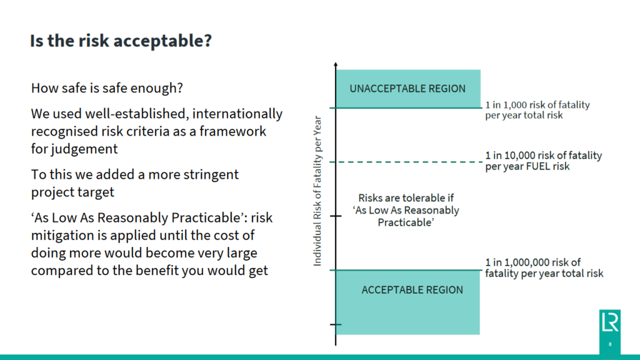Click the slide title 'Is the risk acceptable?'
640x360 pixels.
click(x=121, y=41)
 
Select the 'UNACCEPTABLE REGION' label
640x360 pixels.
click(x=407, y=88)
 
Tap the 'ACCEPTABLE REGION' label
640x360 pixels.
click(x=412, y=290)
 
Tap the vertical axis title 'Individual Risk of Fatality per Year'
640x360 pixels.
click(x=317, y=191)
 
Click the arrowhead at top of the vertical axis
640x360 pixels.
click(x=336, y=66)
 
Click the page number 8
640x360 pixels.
click(x=610, y=344)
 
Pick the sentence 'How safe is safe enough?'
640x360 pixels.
click(x=107, y=88)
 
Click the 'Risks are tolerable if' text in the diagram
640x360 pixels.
click(x=406, y=197)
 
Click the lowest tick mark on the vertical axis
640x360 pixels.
click(x=336, y=324)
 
